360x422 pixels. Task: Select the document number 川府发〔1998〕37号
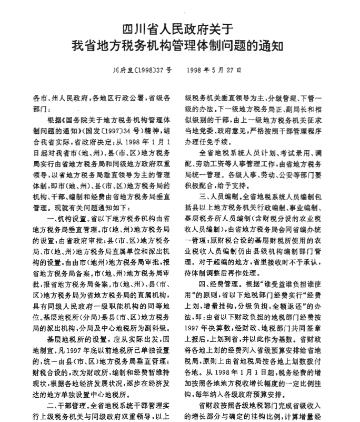tap(143, 69)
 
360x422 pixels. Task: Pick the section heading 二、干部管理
tap(65, 406)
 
